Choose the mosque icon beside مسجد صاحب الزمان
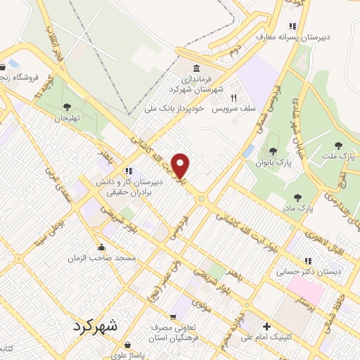pos(102,247)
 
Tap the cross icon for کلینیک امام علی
pos(266,327)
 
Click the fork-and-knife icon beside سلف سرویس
pos(234,98)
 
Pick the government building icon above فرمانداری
pos(195,69)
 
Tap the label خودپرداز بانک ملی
pos(173,109)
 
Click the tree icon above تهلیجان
pos(67,108)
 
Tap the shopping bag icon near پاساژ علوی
pos(127,345)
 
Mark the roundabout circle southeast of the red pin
pos(201,199)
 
